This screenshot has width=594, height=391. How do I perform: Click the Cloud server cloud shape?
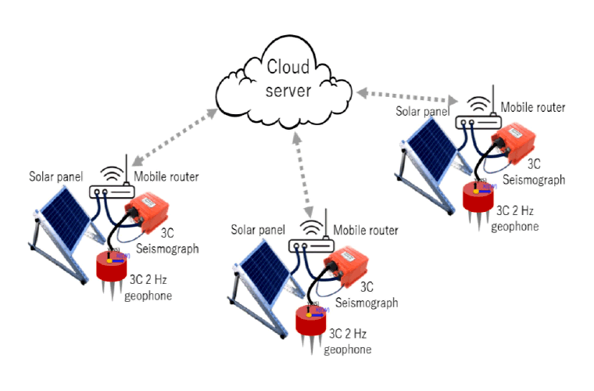(287, 81)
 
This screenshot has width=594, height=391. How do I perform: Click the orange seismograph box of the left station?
(150, 212)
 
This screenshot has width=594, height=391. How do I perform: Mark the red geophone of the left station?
(112, 266)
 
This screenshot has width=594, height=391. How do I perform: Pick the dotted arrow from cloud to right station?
(406, 96)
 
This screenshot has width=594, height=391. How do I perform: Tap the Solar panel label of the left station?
(56, 177)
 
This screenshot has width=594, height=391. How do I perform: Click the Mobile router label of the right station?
(532, 107)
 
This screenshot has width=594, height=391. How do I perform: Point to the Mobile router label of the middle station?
(366, 231)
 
